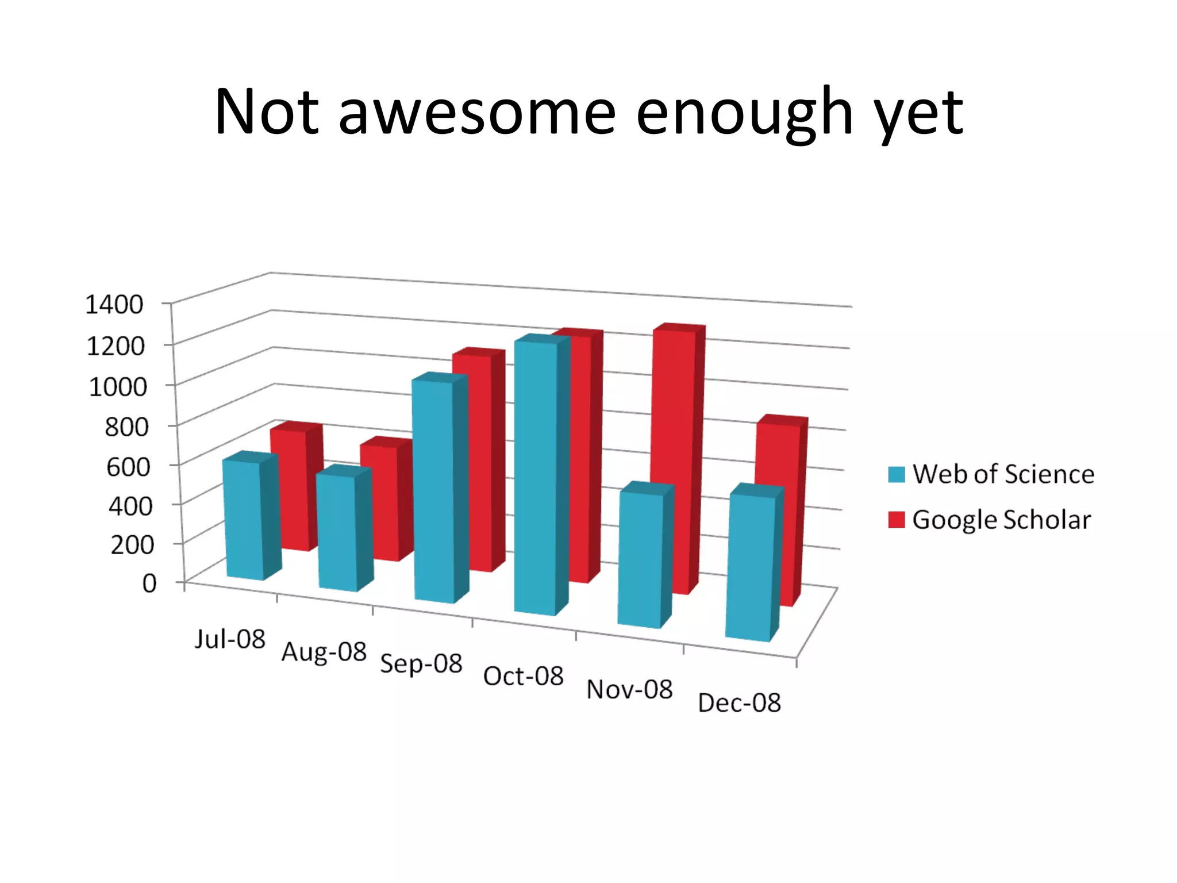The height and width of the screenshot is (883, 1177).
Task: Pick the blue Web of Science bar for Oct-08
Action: [536, 477]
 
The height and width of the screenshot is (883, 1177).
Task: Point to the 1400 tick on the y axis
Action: [114, 305]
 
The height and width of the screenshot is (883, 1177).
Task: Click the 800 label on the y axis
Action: [126, 427]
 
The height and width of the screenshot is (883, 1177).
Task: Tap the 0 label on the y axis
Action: [149, 583]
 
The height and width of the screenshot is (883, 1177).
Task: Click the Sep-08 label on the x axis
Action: [421, 663]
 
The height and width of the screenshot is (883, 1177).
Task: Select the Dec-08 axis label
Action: [739, 702]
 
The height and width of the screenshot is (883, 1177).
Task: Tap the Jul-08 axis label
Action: [230, 639]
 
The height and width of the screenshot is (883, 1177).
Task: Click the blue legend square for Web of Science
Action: [896, 474]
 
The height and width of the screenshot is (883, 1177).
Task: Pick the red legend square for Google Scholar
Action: [896, 520]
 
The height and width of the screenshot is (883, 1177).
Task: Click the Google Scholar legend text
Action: [1001, 520]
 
